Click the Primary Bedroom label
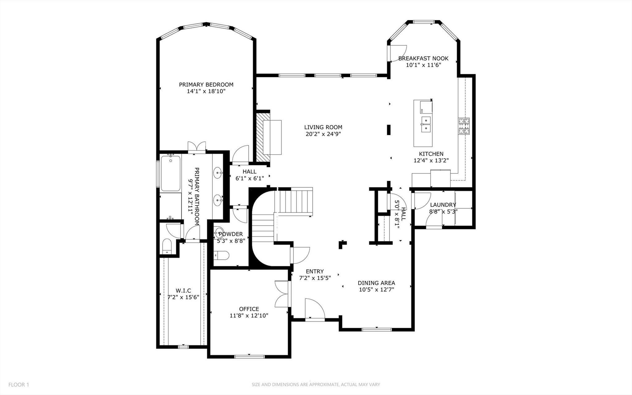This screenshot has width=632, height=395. coord(206,85)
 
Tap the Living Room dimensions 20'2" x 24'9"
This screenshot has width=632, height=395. coord(323,134)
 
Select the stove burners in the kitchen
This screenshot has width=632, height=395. coord(463,126)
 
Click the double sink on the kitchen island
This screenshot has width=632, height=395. coord(426,124)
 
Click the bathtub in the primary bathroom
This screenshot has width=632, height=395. coord(170,173)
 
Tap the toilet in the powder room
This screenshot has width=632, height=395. coord(222,255)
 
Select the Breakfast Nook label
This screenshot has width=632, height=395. coord(423,58)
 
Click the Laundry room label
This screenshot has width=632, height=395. coord(443,205)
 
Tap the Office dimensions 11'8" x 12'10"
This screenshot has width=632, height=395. coord(249,316)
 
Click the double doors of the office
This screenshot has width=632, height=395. coord(282,293)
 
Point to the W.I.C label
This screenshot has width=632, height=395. coord(183,291)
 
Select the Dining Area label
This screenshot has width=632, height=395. coord(376,283)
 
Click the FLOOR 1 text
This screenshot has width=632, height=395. coord(19,385)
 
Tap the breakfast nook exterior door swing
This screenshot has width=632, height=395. coord(398,53)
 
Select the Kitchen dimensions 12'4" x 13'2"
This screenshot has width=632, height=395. coord(431,161)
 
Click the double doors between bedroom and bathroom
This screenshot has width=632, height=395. coord(197,147)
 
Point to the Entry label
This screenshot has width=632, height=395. coord(315,271)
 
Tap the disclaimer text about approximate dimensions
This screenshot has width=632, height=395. coord(316,385)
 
